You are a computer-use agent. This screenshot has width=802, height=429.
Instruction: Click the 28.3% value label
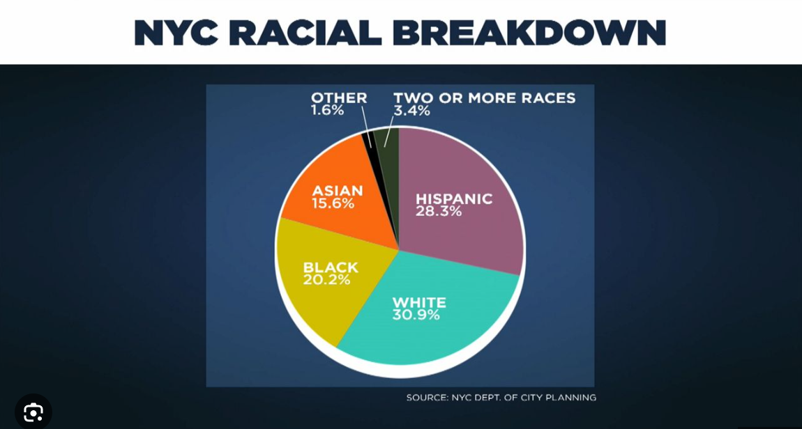(439, 210)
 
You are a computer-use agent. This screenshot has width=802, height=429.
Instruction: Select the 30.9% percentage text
(416, 315)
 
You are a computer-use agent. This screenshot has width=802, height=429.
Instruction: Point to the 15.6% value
(333, 203)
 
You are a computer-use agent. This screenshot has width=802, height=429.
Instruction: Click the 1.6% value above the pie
(327, 110)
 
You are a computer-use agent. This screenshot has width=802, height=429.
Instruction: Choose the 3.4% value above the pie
(411, 110)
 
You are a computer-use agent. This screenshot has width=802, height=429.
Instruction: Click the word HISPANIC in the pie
(454, 198)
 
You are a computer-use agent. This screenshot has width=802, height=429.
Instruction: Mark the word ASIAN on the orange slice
(337, 191)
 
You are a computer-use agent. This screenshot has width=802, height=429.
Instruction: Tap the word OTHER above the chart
(339, 97)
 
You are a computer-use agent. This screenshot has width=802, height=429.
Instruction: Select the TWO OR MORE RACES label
(485, 97)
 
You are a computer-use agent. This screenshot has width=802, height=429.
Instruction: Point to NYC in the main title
(172, 33)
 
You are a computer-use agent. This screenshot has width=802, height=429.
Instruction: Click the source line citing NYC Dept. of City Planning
(501, 398)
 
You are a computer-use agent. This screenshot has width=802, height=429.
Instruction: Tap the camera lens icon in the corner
(33, 412)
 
